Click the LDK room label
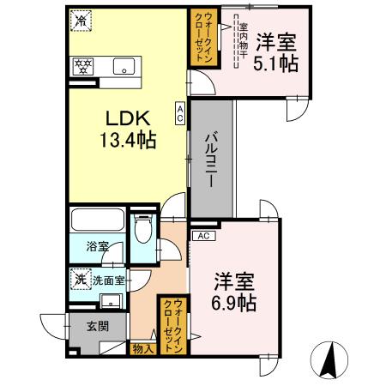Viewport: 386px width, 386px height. point(127,119)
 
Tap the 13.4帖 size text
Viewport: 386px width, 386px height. point(127,140)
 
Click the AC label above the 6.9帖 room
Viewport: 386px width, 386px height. point(203,234)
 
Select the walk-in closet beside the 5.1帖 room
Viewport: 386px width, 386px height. point(203,37)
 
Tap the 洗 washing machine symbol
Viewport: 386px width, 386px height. point(79,278)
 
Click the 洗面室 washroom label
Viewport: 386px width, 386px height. point(109,279)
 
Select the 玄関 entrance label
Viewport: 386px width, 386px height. point(98,327)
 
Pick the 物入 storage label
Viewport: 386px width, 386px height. point(143,348)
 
